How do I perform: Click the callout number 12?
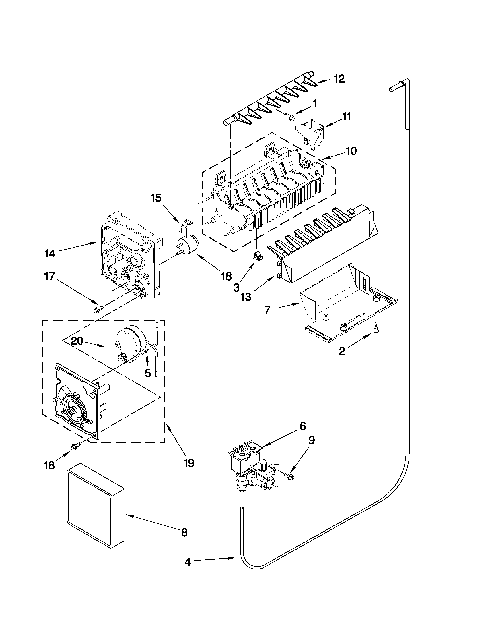[339, 79]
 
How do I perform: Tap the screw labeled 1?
[290, 117]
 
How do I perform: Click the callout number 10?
[351, 151]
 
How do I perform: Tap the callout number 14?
[50, 254]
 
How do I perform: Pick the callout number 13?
[246, 297]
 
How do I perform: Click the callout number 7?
[267, 310]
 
